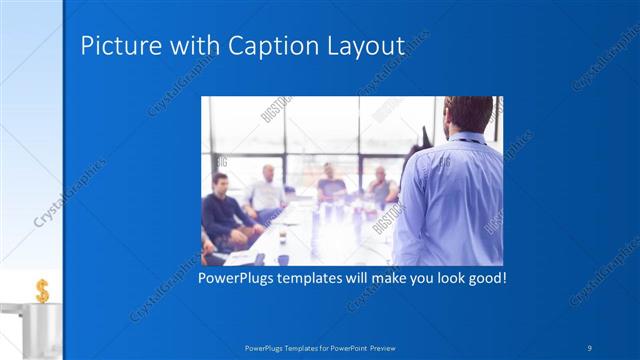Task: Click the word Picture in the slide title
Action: [x=113, y=46]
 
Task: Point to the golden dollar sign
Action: [x=42, y=290]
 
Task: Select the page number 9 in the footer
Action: [x=590, y=347]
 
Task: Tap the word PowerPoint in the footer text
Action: [x=343, y=348]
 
